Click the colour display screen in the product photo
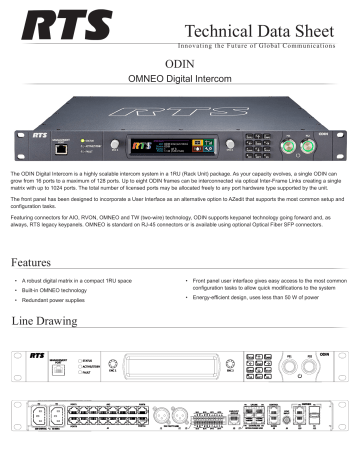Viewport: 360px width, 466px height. [168, 147]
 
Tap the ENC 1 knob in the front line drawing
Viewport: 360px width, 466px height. [112, 362]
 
